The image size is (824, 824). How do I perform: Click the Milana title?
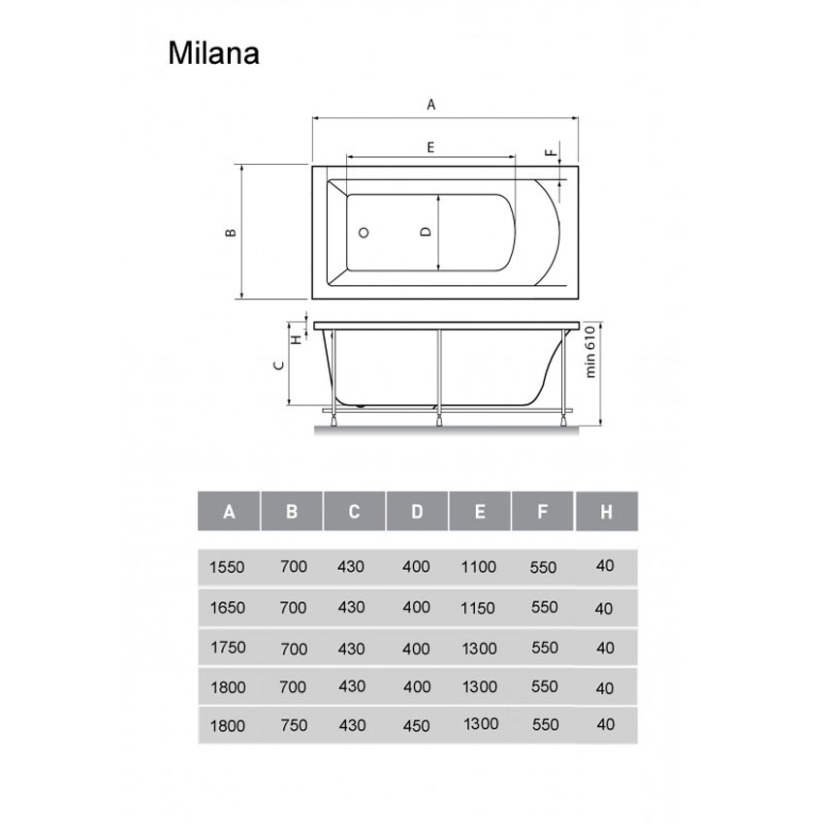tap(212, 52)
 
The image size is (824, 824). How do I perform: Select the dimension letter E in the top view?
tap(429, 146)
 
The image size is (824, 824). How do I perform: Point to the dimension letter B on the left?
tap(230, 233)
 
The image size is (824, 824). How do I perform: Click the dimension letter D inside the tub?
tap(425, 233)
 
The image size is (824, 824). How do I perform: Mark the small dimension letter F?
tap(550, 154)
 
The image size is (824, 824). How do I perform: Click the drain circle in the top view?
tap(364, 234)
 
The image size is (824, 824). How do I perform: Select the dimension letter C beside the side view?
tap(278, 365)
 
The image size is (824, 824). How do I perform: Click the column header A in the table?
tap(229, 512)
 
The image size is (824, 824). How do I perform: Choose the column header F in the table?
tap(543, 512)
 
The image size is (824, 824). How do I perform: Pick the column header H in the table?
tap(606, 512)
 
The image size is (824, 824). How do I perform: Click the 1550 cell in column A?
tap(227, 566)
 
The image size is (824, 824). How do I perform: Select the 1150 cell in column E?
tap(479, 608)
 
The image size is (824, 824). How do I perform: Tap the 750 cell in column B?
tap(292, 725)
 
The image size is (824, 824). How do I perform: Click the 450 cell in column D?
tap(416, 725)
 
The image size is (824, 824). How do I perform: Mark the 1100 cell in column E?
tap(479, 566)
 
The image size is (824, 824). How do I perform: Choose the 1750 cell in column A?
tap(227, 648)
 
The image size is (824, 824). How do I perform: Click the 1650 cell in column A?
tap(227, 608)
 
